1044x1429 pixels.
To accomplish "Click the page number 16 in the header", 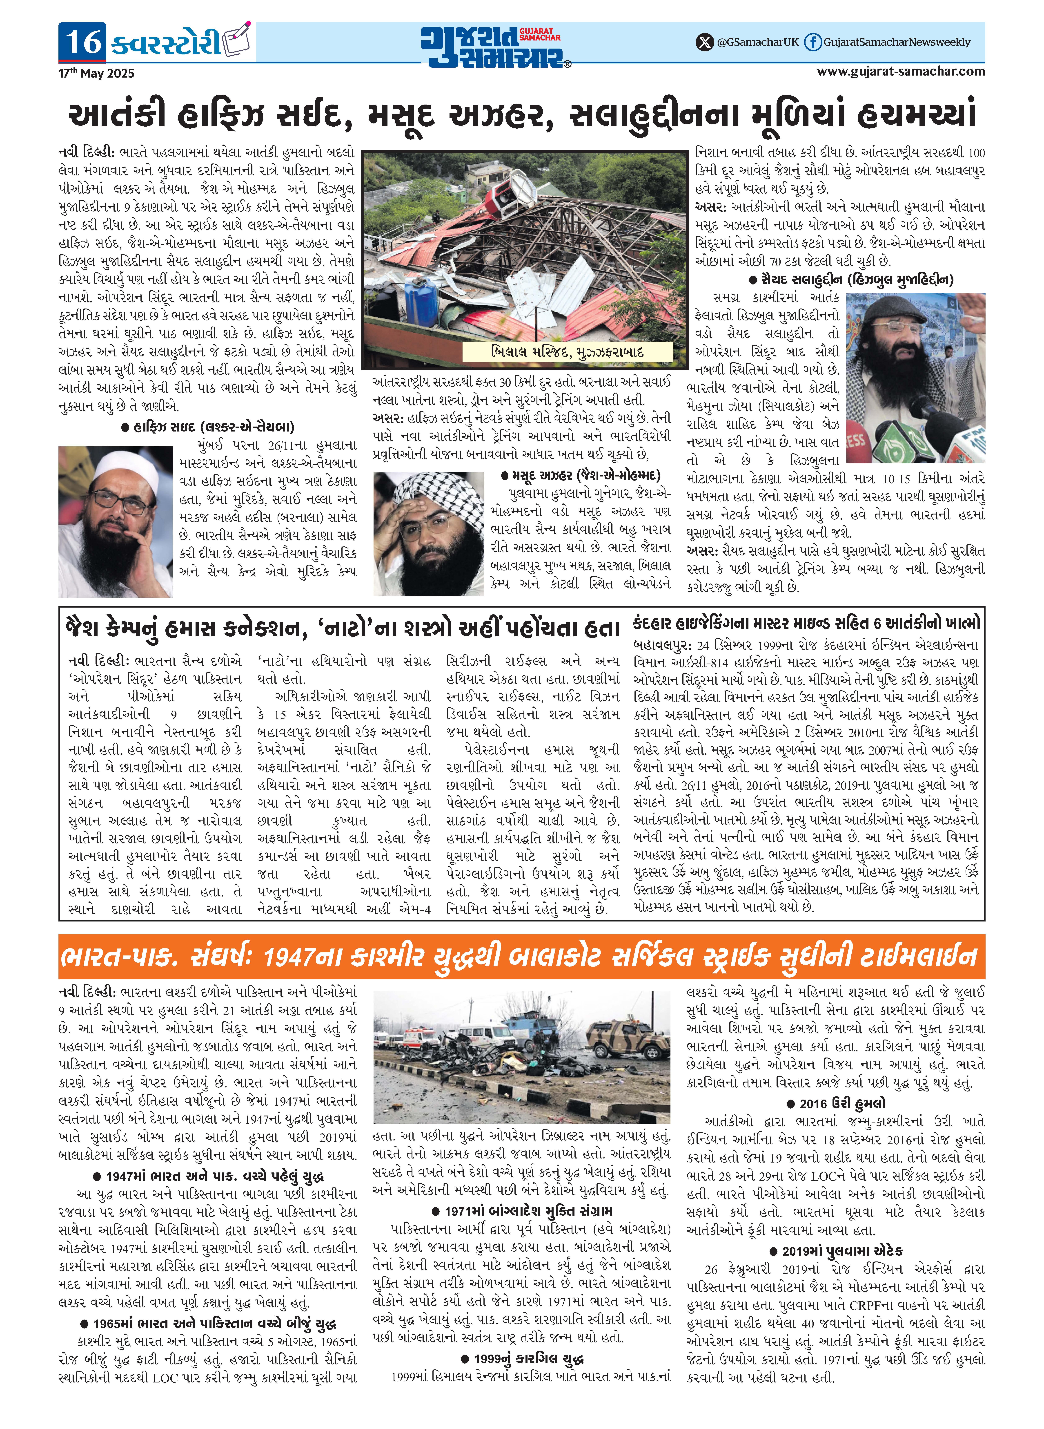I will pos(83,42).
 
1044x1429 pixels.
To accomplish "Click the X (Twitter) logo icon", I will pos(704,42).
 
